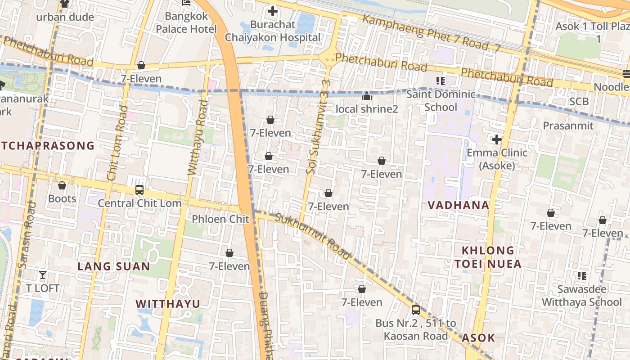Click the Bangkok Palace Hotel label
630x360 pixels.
coord(186,22)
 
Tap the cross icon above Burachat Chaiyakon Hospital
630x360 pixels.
coord(273,11)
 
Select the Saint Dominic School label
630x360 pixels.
coord(441,100)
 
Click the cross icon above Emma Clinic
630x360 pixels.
coord(497,139)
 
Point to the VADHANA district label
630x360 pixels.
coord(458,205)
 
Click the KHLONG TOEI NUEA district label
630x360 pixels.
coord(488,257)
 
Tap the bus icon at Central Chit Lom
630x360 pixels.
coord(139,190)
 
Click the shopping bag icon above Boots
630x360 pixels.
coord(62,185)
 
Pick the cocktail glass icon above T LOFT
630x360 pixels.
coord(43,274)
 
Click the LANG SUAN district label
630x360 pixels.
coord(113,266)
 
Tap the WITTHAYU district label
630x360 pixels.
coord(168,303)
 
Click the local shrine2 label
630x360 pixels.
coord(367,109)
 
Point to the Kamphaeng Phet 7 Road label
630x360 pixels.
coord(431,33)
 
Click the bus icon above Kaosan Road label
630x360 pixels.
coord(416,310)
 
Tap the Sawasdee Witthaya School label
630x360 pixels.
coord(581,295)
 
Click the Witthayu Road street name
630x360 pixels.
coord(197,137)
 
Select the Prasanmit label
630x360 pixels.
coord(568,126)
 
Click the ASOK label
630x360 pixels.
coord(478,337)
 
